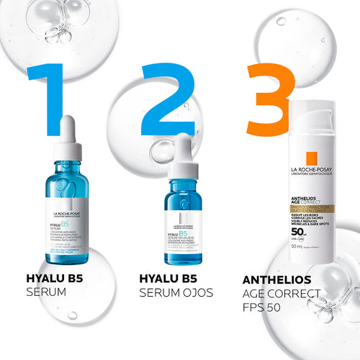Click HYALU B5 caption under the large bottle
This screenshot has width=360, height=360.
(x=54, y=279)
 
